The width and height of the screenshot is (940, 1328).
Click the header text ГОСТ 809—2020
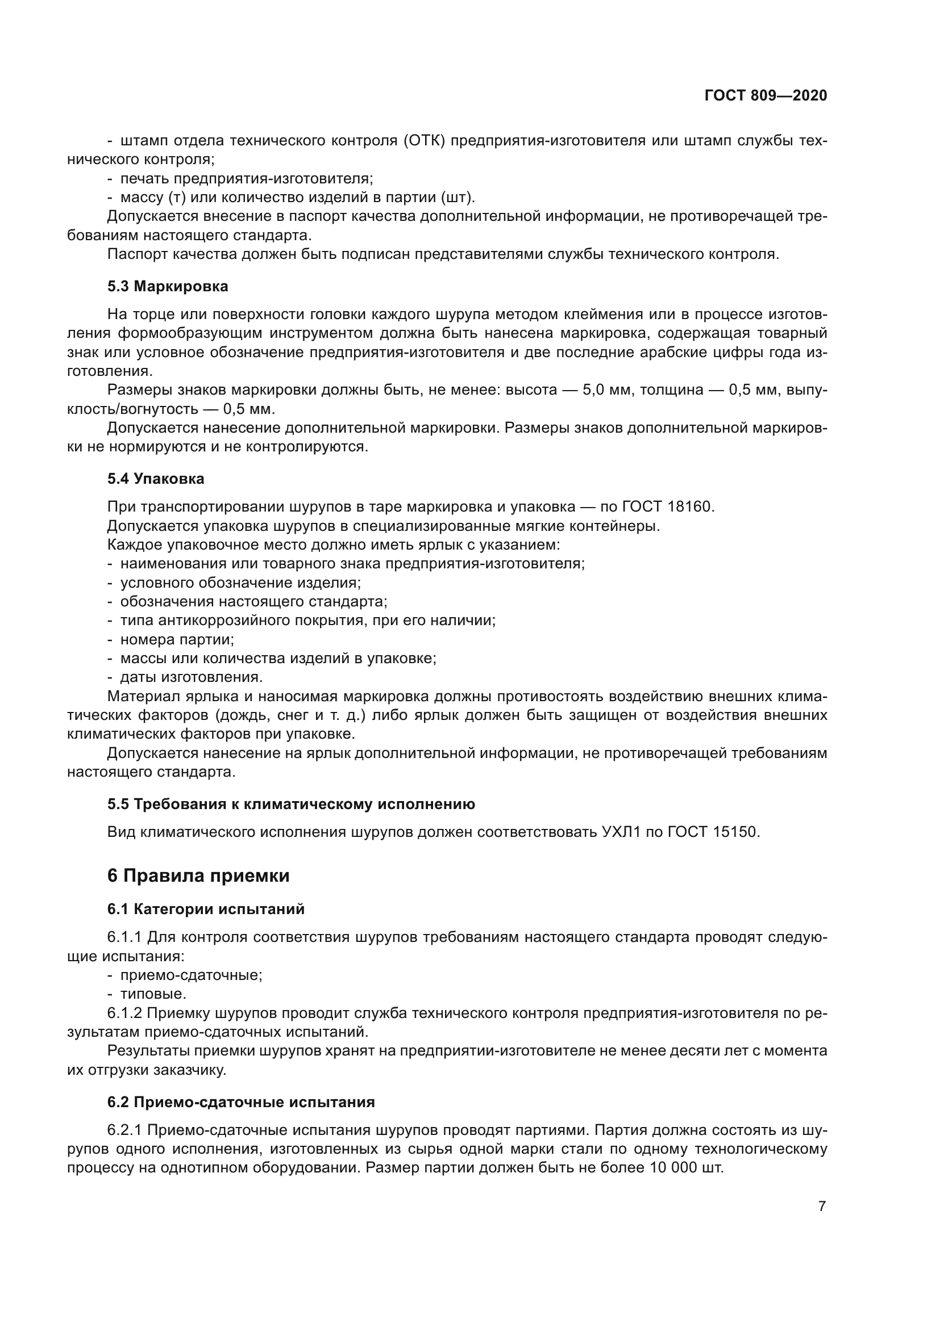pyautogui.click(x=765, y=95)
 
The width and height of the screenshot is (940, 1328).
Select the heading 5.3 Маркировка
pyautogui.click(x=167, y=286)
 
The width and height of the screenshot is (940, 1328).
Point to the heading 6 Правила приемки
pyautogui.click(x=198, y=875)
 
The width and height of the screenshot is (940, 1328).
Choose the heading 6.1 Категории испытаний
pyautogui.click(x=206, y=909)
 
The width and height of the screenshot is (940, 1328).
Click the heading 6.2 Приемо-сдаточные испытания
pyautogui.click(x=241, y=1102)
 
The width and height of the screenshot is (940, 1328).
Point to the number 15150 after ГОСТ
pyautogui.click(x=734, y=832)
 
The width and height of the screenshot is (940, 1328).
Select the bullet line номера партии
pyautogui.click(x=177, y=639)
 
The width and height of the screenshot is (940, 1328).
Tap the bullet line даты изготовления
pyautogui.click(x=191, y=677)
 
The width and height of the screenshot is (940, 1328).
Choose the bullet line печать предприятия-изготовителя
pyautogui.click(x=246, y=179)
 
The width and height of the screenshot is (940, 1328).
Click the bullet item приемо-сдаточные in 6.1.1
pyautogui.click(x=191, y=975)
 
